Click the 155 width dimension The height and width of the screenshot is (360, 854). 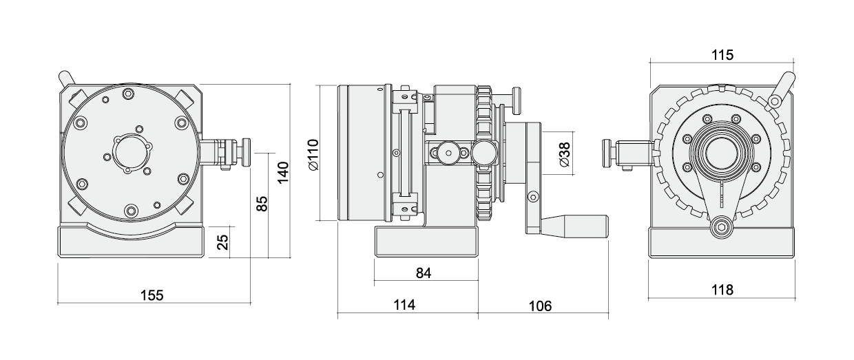152,295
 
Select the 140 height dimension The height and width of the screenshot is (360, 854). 282,171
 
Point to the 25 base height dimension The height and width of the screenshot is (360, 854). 222,242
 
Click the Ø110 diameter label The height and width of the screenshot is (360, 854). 311,154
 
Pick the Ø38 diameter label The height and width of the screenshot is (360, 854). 563,156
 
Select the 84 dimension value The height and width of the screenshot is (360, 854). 424,273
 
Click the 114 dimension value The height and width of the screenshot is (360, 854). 405,306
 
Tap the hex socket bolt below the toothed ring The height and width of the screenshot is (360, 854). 722,227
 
